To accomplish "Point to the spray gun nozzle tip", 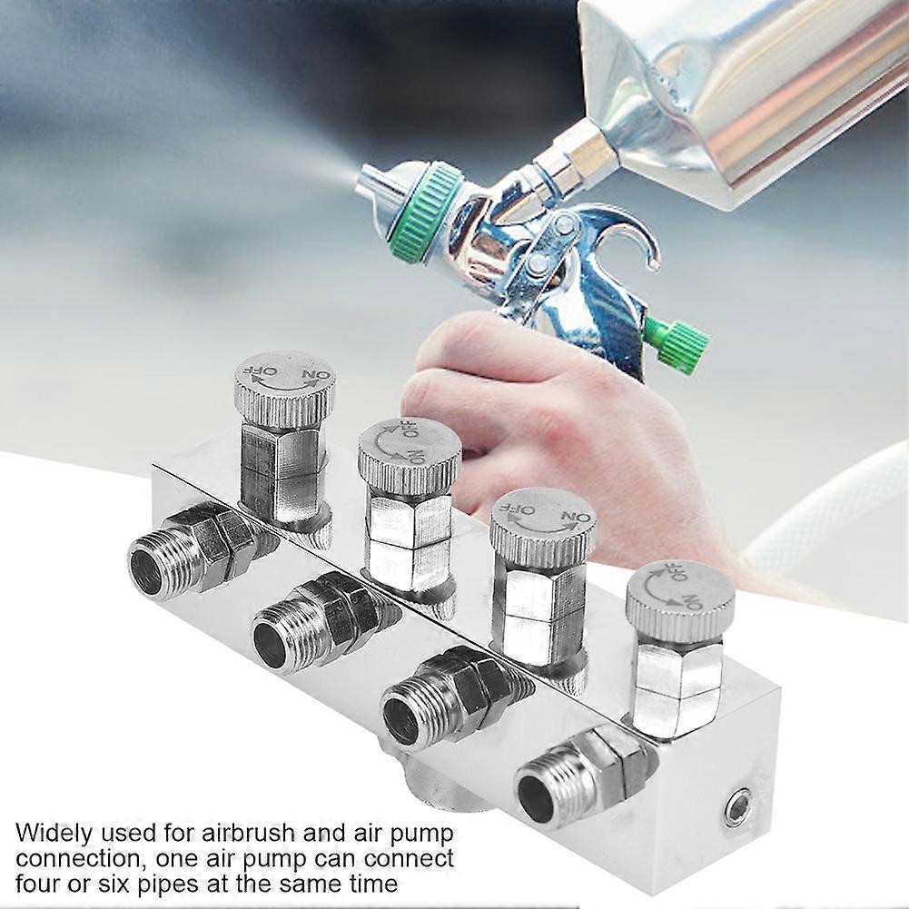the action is pyautogui.click(x=366, y=180).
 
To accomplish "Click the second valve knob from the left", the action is pyautogui.click(x=410, y=452).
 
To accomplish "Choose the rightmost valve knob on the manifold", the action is pyautogui.click(x=680, y=600).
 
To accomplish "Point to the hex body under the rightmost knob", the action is pyautogui.click(x=678, y=684).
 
